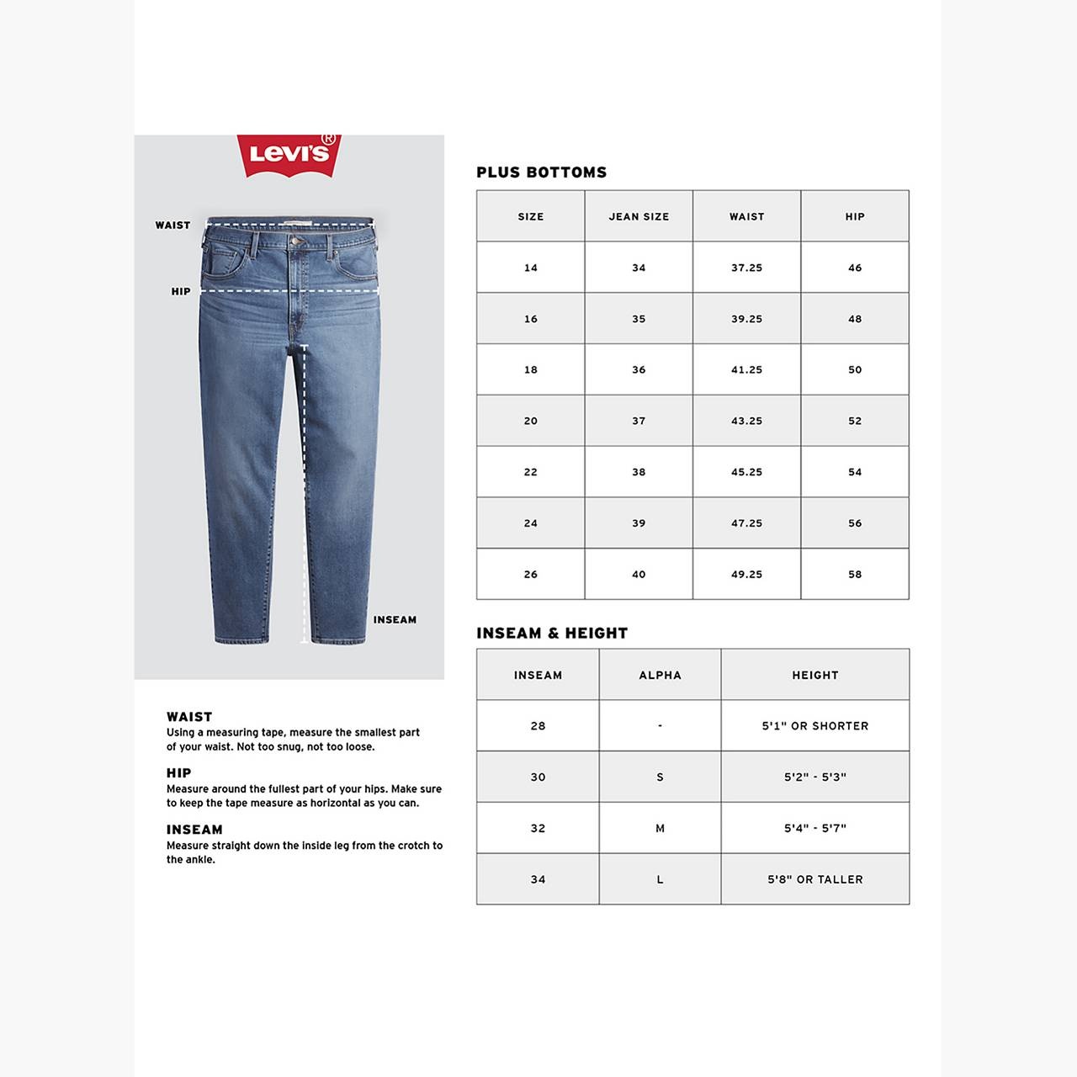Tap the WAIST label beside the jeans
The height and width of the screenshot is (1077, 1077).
coord(172,225)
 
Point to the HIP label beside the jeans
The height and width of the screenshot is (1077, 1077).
coord(181,292)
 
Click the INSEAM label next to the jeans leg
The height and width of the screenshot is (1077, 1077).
coord(395,620)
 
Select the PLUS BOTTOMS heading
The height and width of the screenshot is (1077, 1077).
coord(541,172)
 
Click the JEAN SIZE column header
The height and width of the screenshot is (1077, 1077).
coord(639,217)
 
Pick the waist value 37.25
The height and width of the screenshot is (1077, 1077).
coord(746,268)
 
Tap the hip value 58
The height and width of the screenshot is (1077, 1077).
coord(855,575)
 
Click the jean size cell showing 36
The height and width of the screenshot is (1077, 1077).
coord(639,370)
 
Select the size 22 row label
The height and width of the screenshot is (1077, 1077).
coord(530,472)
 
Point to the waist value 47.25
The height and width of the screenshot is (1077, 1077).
coord(746,523)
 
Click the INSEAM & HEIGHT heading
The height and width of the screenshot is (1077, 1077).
coord(552,634)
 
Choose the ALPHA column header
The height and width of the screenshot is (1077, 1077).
coord(660,676)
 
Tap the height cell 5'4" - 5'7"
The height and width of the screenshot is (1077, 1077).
coord(814,829)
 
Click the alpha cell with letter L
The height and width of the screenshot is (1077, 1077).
coord(660,880)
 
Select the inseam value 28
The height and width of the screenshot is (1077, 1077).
coord(538,726)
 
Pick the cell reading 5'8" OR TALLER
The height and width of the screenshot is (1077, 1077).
coord(814,880)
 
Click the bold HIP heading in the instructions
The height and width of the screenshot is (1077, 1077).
coord(178,773)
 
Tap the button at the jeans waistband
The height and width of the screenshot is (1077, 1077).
coord(296,241)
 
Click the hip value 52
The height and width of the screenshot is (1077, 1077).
coord(855,422)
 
